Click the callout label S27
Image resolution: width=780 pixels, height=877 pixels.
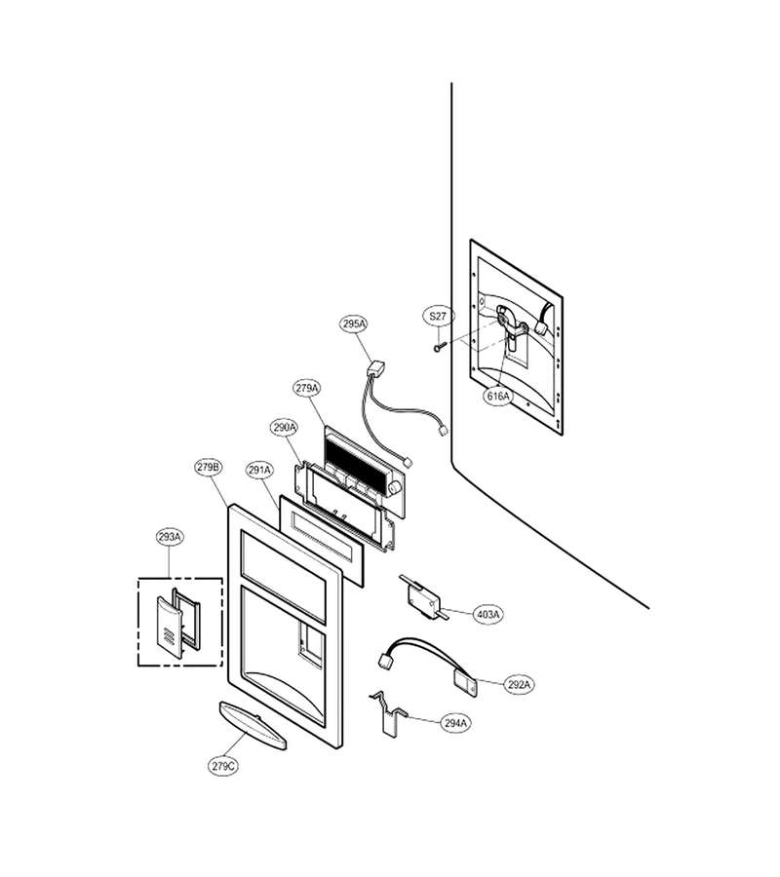(438, 316)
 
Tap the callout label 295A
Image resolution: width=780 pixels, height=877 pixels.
(354, 324)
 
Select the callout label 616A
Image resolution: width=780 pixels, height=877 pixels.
(498, 396)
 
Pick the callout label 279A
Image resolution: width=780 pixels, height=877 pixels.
(306, 388)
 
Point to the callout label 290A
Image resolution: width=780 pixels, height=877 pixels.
(285, 428)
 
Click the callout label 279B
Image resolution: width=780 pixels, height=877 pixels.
(208, 467)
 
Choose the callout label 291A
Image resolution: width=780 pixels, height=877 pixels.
(259, 471)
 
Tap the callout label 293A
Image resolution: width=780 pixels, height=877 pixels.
(170, 537)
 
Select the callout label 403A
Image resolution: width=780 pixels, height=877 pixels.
(487, 615)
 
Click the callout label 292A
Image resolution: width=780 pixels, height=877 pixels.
(520, 684)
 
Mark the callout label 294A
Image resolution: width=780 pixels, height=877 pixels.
(455, 723)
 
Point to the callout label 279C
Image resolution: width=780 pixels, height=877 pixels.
(222, 766)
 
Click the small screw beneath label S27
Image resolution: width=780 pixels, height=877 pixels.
(438, 348)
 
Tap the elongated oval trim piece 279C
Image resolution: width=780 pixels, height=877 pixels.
(253, 725)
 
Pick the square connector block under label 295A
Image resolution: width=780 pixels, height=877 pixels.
(375, 369)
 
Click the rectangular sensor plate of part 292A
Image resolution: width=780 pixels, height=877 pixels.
(465, 683)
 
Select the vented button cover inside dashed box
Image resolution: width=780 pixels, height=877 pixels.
(168, 627)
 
